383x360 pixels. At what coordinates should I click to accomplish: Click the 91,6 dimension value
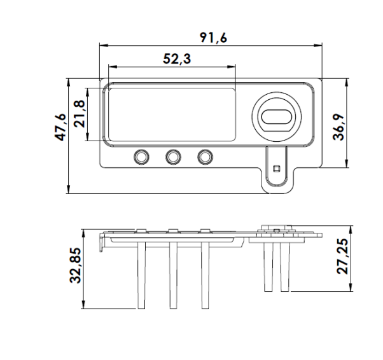click(x=214, y=38)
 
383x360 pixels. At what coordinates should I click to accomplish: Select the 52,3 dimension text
click(x=177, y=59)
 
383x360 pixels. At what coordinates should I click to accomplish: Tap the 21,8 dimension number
click(x=80, y=114)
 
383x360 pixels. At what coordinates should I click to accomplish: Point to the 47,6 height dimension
click(x=60, y=127)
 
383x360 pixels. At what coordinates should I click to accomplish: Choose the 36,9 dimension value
click(x=338, y=127)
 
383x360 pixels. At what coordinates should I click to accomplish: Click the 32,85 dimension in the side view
click(x=76, y=265)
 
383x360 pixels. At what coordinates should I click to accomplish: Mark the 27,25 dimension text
click(x=342, y=256)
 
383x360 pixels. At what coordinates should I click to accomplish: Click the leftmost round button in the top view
click(x=141, y=156)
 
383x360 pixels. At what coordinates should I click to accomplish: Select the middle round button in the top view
click(x=173, y=156)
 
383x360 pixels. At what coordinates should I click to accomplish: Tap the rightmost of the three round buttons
click(x=205, y=156)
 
